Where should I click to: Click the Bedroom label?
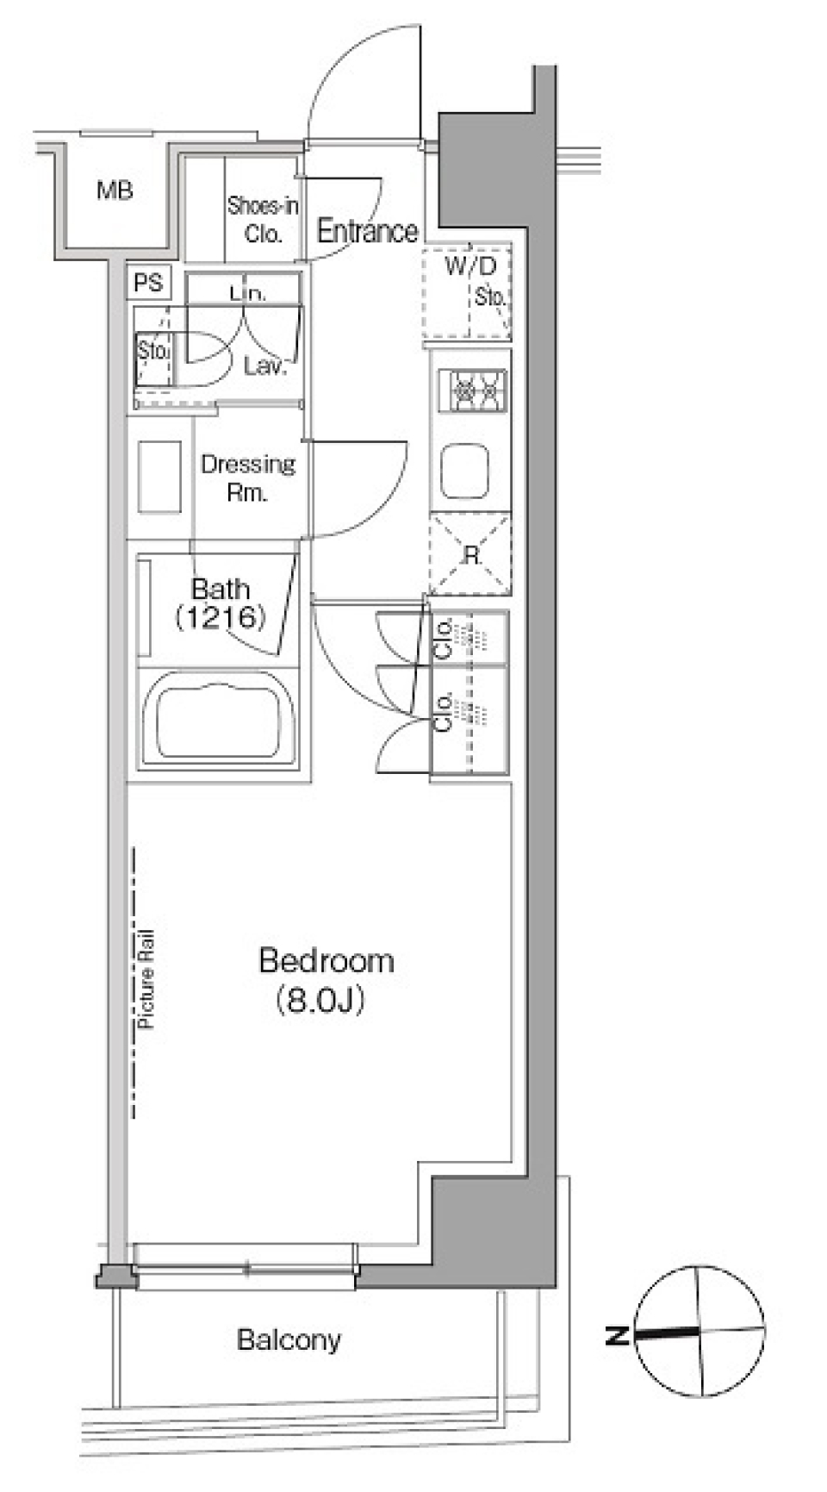tap(326, 960)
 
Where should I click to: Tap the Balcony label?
tap(289, 1339)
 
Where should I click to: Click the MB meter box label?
tap(115, 190)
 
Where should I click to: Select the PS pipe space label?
tap(148, 283)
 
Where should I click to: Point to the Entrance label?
tap(368, 230)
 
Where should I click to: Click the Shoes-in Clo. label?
tap(263, 220)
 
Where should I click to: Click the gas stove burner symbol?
tap(472, 391)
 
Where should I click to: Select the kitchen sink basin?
tap(465, 471)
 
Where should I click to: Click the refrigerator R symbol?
tap(470, 555)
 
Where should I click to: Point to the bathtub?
tap(218, 719)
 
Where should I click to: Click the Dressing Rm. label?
tap(248, 478)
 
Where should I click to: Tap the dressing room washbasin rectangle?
tap(159, 477)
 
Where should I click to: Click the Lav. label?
tap(264, 366)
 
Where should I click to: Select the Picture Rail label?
tap(146, 979)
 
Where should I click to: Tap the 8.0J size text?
tap(321, 1000)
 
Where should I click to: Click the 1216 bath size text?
tap(220, 617)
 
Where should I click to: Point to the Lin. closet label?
tap(248, 293)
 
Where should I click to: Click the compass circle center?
tap(700, 1331)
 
